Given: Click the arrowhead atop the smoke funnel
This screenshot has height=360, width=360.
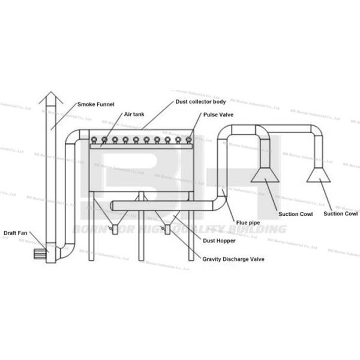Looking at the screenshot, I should (x=51, y=97).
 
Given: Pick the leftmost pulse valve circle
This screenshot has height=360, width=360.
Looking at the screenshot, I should (x=94, y=140).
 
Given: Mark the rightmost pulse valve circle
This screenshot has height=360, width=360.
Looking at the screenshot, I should (x=188, y=140).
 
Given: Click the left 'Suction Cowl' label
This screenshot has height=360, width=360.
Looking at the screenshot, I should (x=294, y=214).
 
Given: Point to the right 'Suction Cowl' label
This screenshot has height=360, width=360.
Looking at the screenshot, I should (x=340, y=214).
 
